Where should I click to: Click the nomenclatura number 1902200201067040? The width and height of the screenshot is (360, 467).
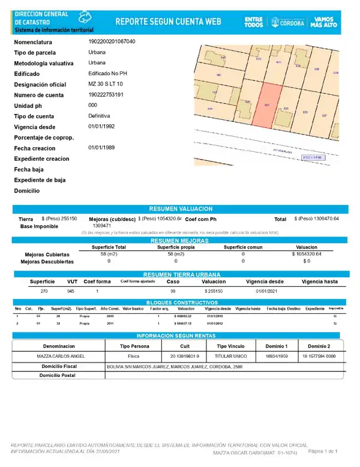pyautogui.click(x=112, y=42)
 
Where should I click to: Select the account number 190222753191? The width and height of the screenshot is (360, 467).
pyautogui.click(x=106, y=95)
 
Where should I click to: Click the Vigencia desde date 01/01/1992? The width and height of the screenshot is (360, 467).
pyautogui.click(x=101, y=127)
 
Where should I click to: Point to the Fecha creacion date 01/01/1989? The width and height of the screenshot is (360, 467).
pyautogui.click(x=101, y=148)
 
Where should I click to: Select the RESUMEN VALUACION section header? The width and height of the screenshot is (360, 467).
pyautogui.click(x=180, y=208)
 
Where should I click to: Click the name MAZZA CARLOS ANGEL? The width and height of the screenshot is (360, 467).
pyautogui.click(x=58, y=356)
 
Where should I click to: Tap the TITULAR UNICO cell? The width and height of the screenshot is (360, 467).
pyautogui.click(x=231, y=356)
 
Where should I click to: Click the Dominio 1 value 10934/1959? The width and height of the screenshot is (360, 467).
pyautogui.click(x=277, y=356)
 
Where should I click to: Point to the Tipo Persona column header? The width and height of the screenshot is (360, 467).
pyautogui.click(x=134, y=346)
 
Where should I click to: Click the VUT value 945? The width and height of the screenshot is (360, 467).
pyautogui.click(x=71, y=291)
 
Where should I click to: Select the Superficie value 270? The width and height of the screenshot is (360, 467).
pyautogui.click(x=44, y=291)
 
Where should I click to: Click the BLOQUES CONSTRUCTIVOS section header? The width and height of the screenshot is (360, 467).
pyautogui.click(x=180, y=302)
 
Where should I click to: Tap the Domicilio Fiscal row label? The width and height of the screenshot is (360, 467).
pyautogui.click(x=59, y=366)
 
